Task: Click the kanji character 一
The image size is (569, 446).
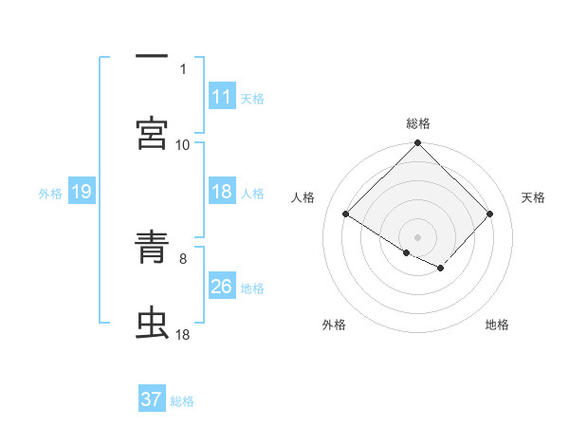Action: click(x=152, y=57)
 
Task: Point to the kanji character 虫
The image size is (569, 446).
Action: click(x=152, y=324)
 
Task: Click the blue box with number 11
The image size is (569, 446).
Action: click(x=222, y=97)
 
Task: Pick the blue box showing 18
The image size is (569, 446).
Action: click(x=222, y=193)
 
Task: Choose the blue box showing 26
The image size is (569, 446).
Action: click(x=222, y=288)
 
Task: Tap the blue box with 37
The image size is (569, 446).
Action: click(x=152, y=400)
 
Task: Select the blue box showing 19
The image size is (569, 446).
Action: click(x=81, y=193)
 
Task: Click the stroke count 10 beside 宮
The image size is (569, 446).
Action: click(x=183, y=144)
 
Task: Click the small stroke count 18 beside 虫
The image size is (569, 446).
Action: click(x=183, y=334)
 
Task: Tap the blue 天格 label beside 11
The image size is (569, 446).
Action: click(x=252, y=98)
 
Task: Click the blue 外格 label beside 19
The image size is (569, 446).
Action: click(x=50, y=193)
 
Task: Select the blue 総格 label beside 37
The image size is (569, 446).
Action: click(x=182, y=400)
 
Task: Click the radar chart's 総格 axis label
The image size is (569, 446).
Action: click(x=418, y=123)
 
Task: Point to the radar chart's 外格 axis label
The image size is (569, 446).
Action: click(x=334, y=325)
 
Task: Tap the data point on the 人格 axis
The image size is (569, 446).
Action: click(x=346, y=214)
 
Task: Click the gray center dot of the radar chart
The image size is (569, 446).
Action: click(x=418, y=236)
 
